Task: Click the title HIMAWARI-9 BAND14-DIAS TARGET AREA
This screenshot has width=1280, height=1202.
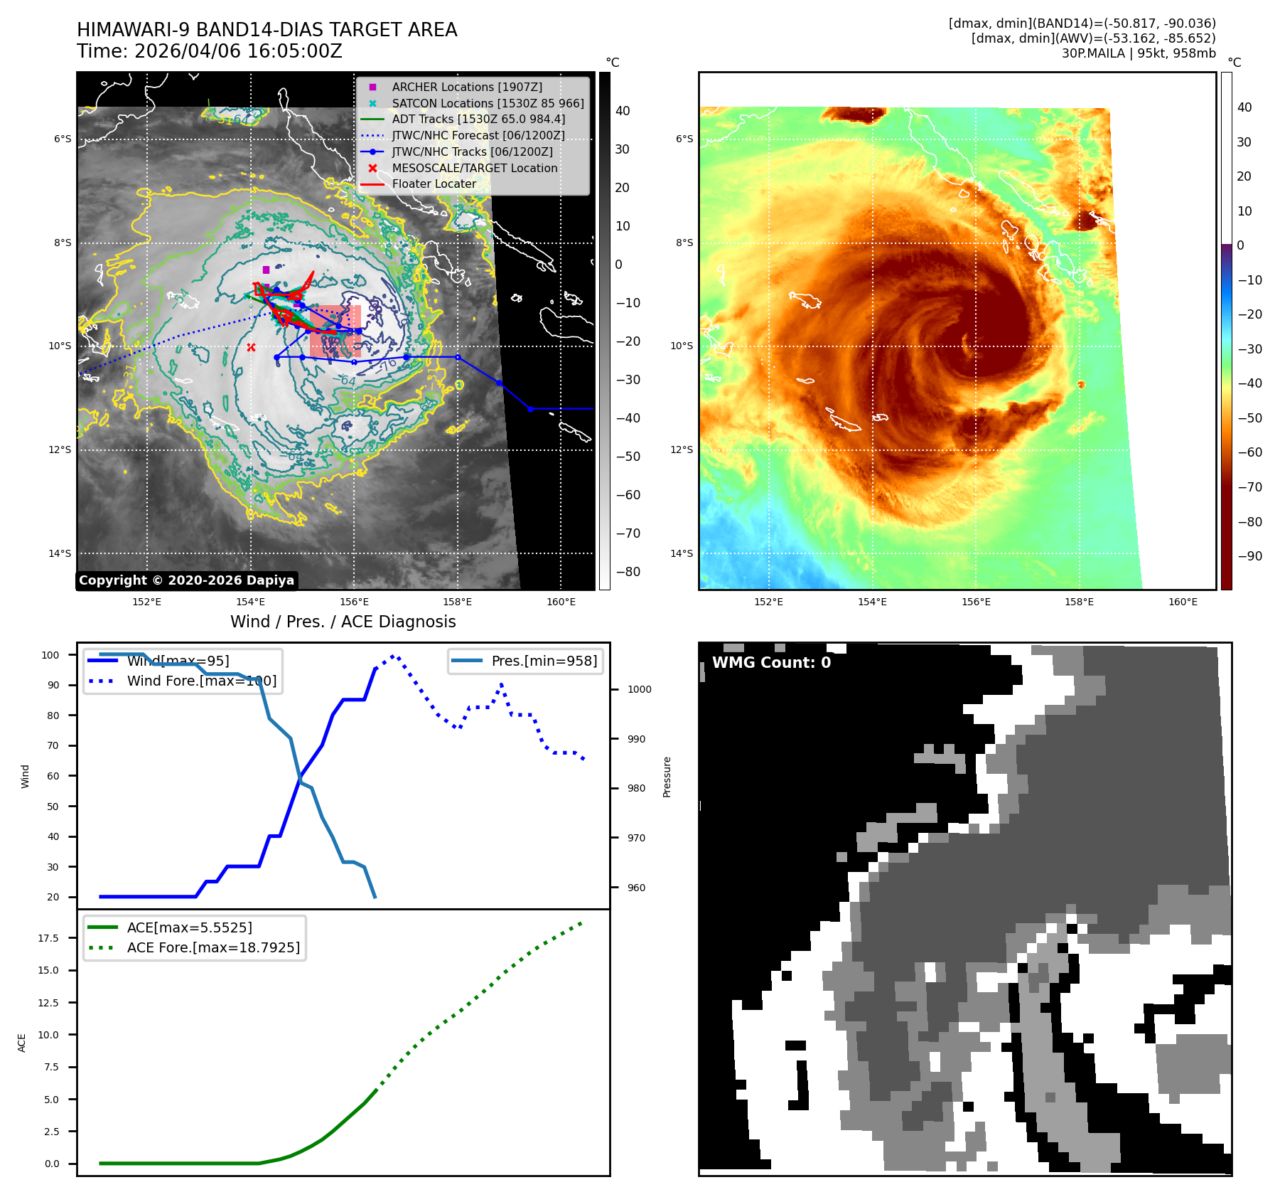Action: click(x=267, y=30)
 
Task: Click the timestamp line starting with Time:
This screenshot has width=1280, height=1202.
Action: click(x=210, y=51)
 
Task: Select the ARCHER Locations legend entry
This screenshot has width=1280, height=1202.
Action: click(x=466, y=87)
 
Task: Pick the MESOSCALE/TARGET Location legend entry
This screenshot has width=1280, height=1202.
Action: click(x=474, y=168)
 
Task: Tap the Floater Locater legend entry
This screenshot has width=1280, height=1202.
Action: click(x=434, y=184)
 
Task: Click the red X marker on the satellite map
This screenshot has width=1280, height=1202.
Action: click(x=251, y=347)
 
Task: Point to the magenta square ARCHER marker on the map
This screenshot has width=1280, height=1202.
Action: click(x=266, y=270)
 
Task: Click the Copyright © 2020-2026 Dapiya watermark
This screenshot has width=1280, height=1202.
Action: click(x=186, y=580)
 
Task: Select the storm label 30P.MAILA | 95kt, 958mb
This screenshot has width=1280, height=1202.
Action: click(x=1139, y=53)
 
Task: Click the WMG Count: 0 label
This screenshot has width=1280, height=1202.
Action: click(x=771, y=662)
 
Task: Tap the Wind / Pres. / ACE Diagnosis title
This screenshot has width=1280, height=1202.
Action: click(x=343, y=622)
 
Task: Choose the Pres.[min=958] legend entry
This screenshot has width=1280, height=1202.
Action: click(x=544, y=661)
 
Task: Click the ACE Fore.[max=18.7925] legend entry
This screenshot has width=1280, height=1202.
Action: click(x=213, y=947)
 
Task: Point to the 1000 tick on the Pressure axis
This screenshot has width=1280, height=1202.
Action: click(x=639, y=689)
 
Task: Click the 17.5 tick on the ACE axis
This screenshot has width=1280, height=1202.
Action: click(x=48, y=938)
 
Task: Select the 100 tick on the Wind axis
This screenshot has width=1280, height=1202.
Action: click(x=50, y=655)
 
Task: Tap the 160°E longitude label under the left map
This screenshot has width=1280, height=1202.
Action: click(x=561, y=602)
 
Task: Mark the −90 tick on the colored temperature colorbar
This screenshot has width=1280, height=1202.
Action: click(x=1249, y=556)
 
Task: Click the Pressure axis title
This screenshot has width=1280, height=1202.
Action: click(x=667, y=777)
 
